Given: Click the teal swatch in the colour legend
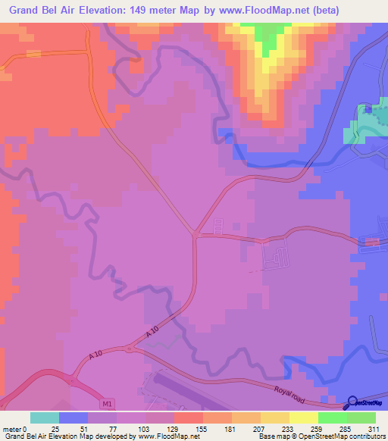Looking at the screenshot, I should [x=45, y=417].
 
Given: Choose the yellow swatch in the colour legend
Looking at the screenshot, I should [x=304, y=417].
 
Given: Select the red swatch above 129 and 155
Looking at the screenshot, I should [x=189, y=417].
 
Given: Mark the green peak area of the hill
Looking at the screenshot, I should [x=267, y=38].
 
